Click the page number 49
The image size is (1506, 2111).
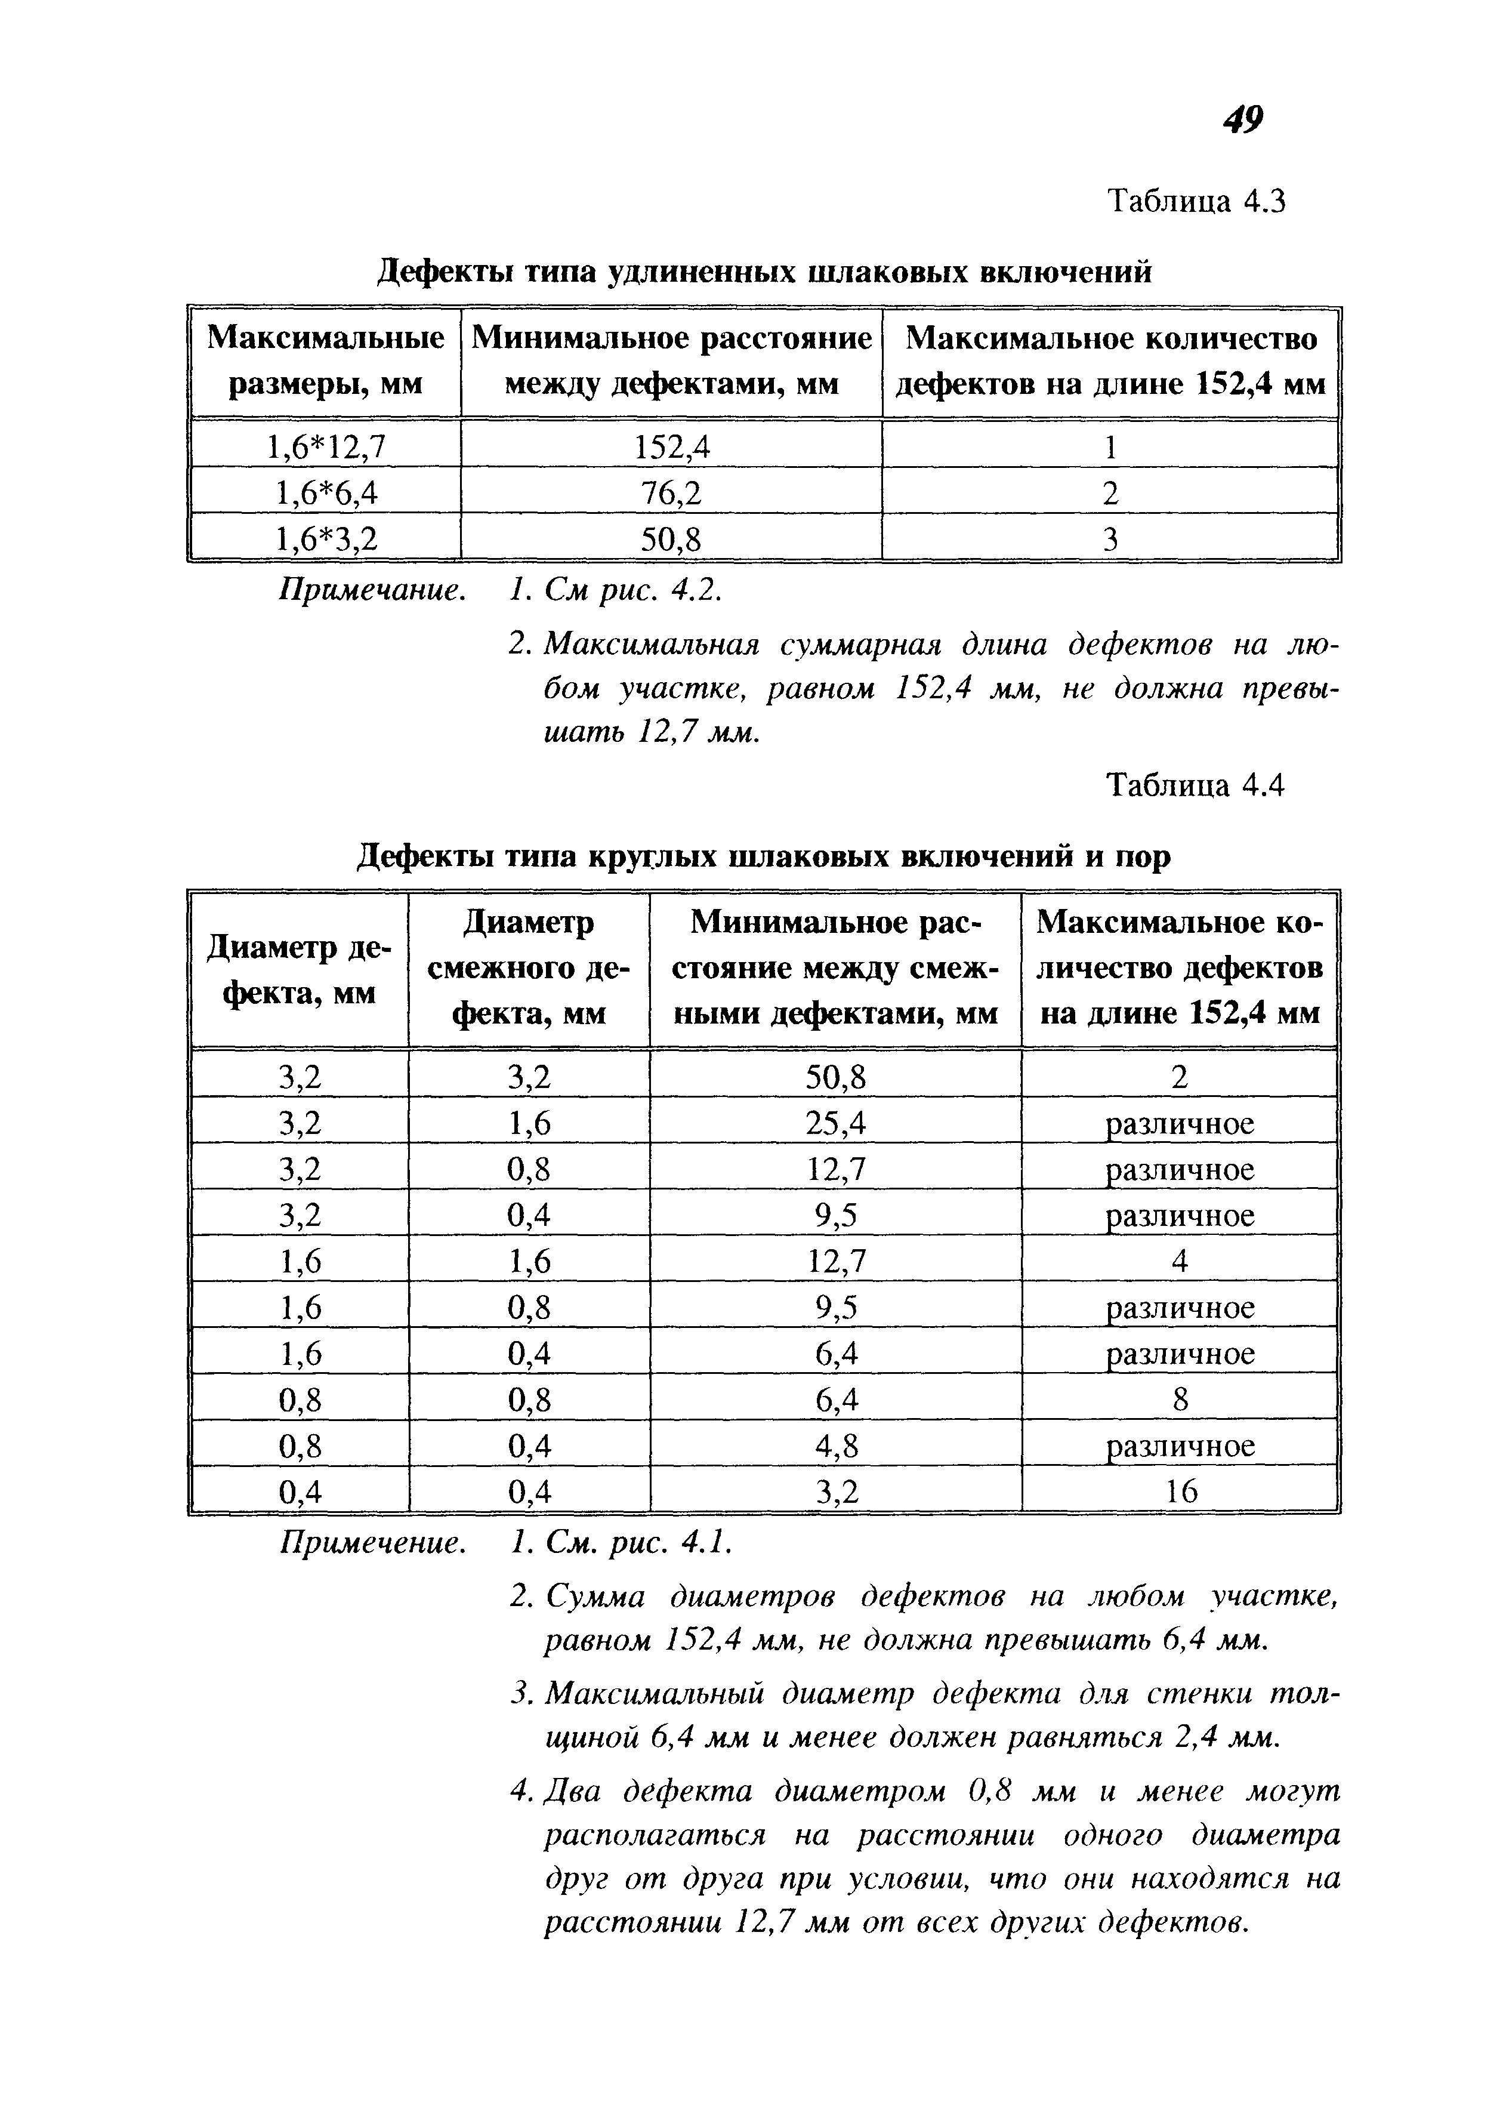pos(1243,119)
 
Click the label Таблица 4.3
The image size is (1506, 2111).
pos(1196,201)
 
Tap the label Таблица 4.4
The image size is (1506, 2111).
pos(1196,787)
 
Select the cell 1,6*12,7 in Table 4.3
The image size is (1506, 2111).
pos(326,448)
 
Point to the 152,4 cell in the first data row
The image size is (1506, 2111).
pos(671,448)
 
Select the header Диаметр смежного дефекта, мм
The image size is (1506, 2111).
pos(529,968)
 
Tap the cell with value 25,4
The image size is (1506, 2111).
pos(835,1124)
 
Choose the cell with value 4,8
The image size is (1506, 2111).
pos(835,1446)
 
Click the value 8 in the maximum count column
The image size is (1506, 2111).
pos(1180,1400)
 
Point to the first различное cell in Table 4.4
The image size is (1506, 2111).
pos(1180,1124)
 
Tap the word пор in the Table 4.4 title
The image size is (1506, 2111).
pos(1143,856)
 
